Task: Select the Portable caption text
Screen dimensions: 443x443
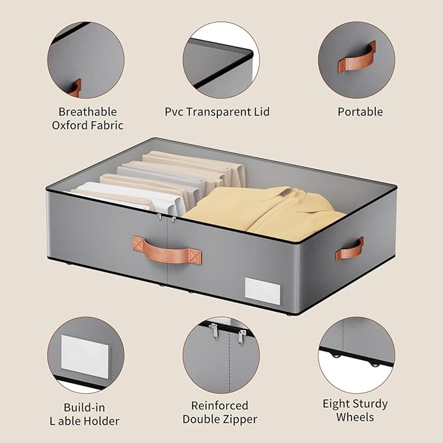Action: (x=360, y=112)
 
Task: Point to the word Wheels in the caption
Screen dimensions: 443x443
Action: (x=355, y=417)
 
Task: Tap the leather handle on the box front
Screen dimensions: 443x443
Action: (x=168, y=247)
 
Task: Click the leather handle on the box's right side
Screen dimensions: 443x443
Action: (x=350, y=249)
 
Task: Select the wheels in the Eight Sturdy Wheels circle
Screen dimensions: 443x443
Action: (x=356, y=359)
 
